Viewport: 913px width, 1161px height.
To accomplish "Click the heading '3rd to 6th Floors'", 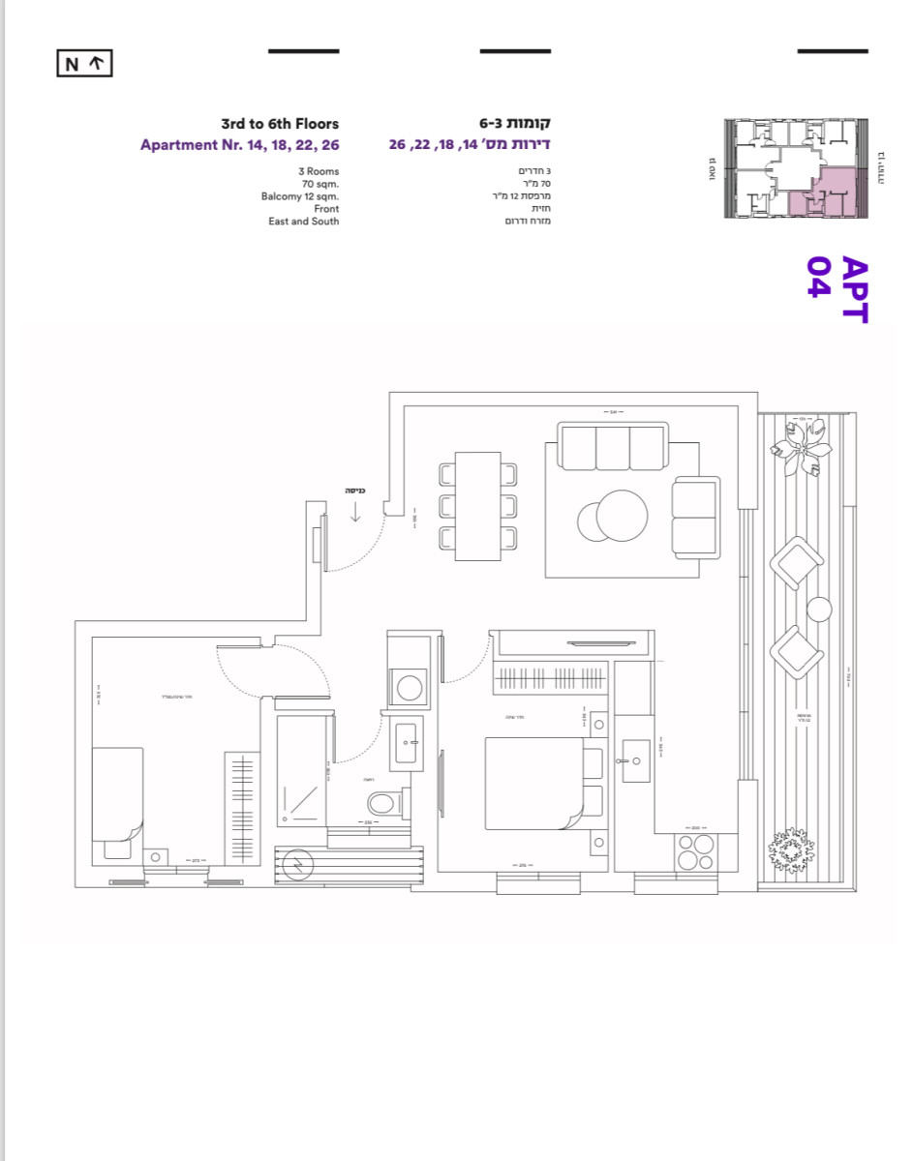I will click(x=280, y=124).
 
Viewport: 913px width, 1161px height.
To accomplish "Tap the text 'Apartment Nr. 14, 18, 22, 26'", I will click(x=239, y=145).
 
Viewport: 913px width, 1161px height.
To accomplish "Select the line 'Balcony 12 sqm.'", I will click(x=300, y=196).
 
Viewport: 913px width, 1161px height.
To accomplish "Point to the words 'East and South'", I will click(x=304, y=222).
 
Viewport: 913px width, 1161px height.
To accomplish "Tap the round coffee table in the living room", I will click(x=620, y=517).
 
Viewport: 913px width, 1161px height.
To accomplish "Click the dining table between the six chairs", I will click(x=477, y=505).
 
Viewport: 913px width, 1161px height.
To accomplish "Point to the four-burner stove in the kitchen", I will click(x=695, y=852).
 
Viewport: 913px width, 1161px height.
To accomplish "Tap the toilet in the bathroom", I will click(x=382, y=802).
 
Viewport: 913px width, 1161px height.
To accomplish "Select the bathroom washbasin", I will click(x=407, y=744).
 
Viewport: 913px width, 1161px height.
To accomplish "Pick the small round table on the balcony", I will click(x=819, y=610).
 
